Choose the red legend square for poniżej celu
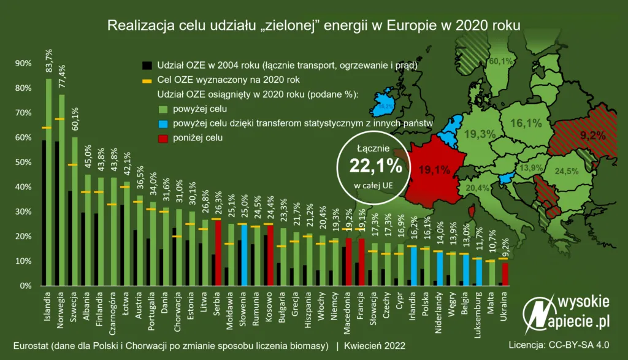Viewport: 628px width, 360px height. (146, 139)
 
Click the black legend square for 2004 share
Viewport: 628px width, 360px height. (146, 65)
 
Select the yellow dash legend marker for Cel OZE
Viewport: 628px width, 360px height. (146, 80)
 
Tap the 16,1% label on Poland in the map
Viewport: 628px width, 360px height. (526, 123)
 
